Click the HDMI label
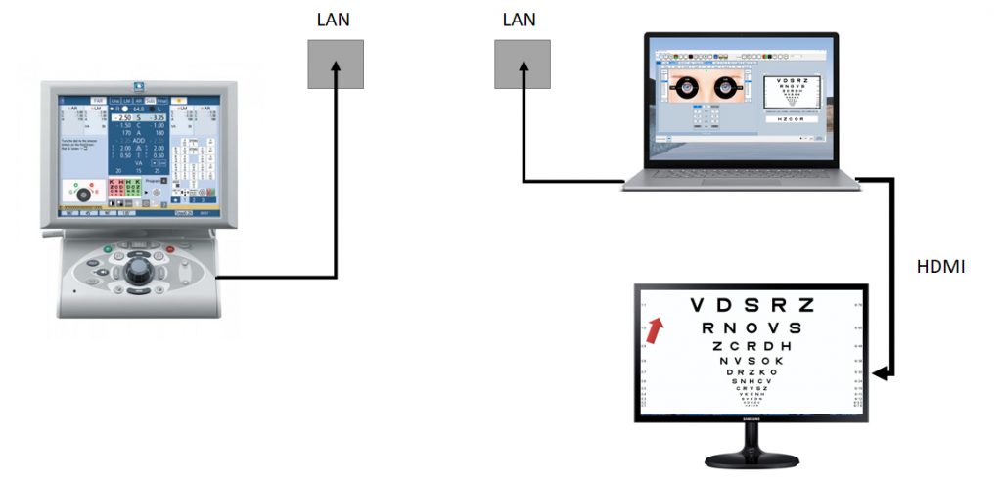(940, 264)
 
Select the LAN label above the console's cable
(333, 20)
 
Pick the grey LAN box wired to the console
(336, 65)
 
